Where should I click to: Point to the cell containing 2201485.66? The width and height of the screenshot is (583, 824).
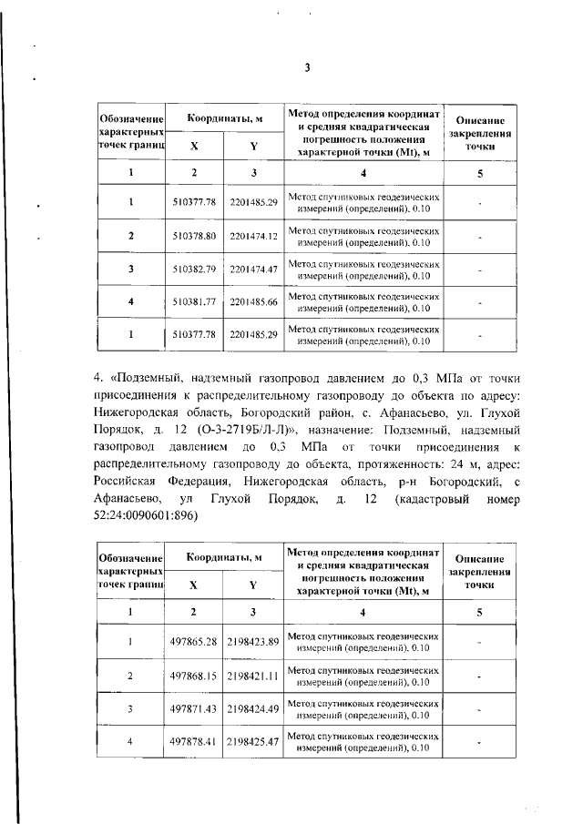click(253, 300)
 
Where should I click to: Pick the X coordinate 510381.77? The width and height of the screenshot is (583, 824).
click(193, 300)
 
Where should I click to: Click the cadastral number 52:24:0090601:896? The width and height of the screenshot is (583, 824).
click(145, 515)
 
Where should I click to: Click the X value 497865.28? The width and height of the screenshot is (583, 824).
click(193, 642)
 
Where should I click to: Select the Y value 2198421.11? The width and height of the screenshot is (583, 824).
click(253, 676)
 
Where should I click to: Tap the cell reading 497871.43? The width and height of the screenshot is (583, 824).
click(193, 708)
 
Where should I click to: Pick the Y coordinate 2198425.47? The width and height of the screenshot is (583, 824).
click(253, 742)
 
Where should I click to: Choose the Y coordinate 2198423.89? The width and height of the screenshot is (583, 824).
click(253, 642)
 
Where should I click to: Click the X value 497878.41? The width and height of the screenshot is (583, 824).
click(193, 742)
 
